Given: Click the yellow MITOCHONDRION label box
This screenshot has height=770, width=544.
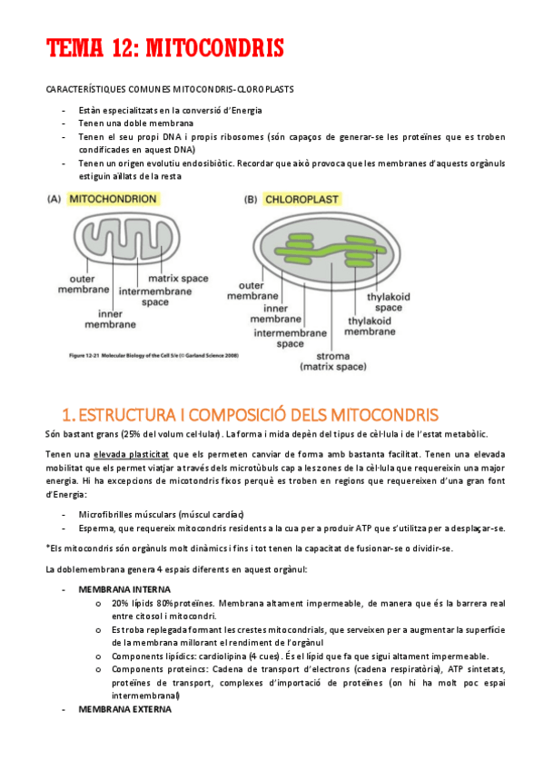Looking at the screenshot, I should [114, 198].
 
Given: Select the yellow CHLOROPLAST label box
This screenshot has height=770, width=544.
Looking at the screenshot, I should [308, 199].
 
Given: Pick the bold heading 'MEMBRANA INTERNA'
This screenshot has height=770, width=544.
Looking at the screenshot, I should [123, 589].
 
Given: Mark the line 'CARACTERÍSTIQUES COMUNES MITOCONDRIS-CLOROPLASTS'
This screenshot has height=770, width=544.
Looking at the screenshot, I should [169, 89].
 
